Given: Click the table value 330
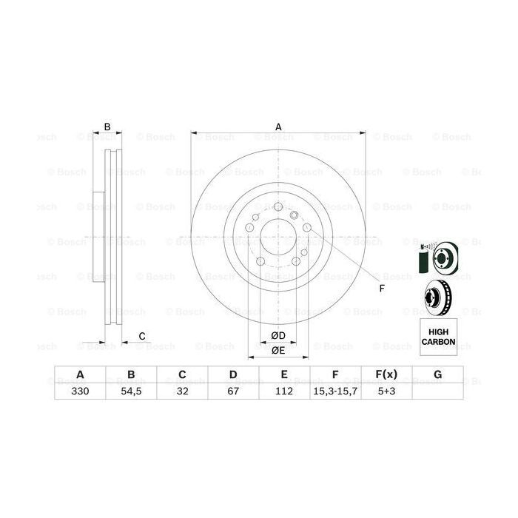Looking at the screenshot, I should [79, 391].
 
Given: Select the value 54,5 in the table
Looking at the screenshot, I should [130, 391].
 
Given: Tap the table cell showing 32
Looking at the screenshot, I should [181, 391].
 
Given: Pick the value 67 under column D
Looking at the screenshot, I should [232, 391].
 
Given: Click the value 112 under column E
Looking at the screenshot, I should [284, 391].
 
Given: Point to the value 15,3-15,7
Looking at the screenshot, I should [335, 391].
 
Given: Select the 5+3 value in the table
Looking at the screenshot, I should [386, 391].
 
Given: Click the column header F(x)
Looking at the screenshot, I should [386, 374].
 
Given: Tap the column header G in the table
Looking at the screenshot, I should [437, 374].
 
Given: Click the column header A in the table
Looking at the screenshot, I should [79, 374].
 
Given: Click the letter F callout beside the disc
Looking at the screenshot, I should [382, 288].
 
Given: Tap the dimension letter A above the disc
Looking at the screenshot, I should [279, 127].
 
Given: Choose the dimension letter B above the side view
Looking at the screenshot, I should [107, 127].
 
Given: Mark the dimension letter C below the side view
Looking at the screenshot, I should [142, 337].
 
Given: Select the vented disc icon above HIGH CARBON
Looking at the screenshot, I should [437, 298].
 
